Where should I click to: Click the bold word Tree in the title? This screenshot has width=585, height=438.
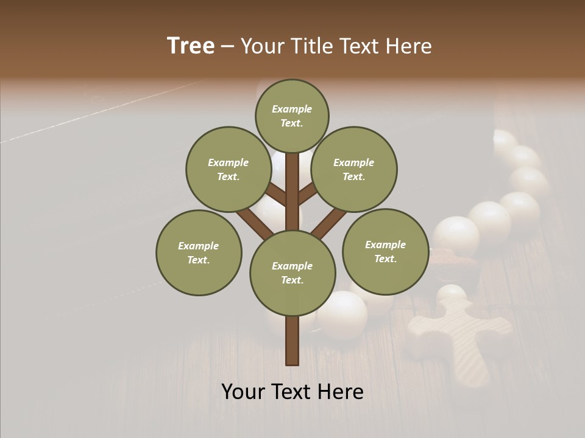(191, 46)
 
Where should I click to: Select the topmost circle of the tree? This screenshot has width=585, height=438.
(292, 116)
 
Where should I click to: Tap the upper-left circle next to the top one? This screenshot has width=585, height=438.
(228, 169)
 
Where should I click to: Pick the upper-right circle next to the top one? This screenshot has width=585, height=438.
(354, 169)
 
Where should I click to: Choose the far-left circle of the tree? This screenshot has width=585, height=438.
(199, 252)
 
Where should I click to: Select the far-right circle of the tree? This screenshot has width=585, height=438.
(385, 251)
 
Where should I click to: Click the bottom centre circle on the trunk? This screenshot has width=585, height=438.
(292, 273)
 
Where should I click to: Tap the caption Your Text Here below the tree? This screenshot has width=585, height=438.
(292, 392)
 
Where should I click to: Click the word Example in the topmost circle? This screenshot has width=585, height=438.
(292, 109)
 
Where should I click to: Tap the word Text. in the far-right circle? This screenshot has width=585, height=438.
(385, 259)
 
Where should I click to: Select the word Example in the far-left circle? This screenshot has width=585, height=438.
(199, 246)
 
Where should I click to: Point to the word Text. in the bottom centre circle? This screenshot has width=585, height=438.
(292, 280)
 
